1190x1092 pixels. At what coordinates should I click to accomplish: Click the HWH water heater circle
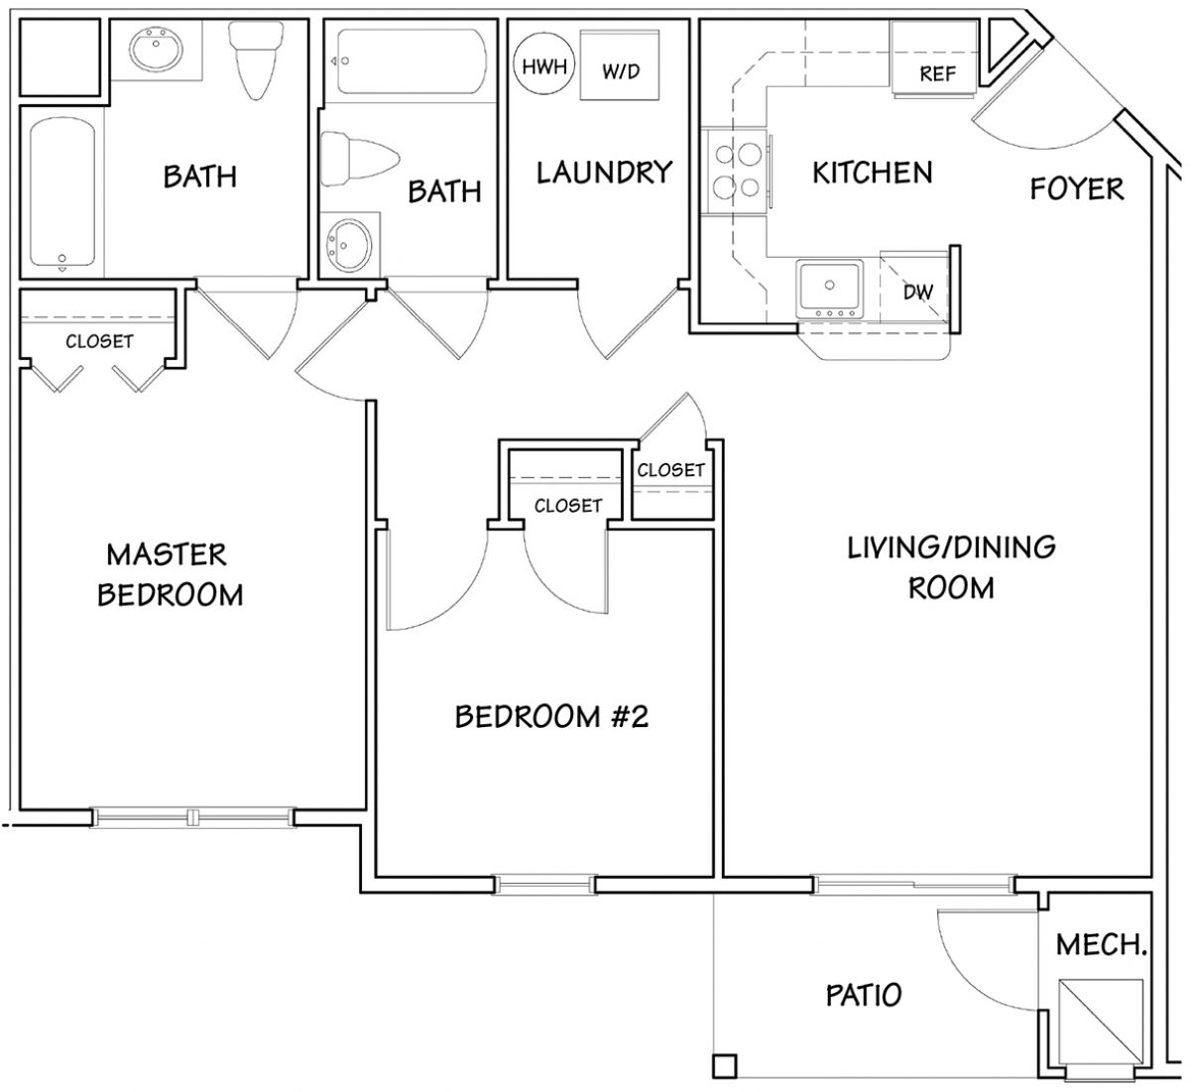pos(544,64)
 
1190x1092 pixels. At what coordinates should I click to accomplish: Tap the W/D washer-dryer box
pos(620,64)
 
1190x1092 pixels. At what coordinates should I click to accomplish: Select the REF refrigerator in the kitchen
pos(935,60)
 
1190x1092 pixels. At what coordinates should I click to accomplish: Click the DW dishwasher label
pos(917,292)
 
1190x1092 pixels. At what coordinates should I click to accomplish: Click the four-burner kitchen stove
pos(738,171)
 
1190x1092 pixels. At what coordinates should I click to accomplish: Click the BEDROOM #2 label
pos(551,716)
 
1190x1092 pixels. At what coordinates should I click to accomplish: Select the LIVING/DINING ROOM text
pos(951,567)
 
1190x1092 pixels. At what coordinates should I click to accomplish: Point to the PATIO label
pos(864,995)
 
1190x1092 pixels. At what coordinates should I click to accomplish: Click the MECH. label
pos(1101,944)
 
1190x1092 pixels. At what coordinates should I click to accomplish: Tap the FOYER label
pos(1077,188)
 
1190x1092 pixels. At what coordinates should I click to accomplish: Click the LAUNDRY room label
pos(605,173)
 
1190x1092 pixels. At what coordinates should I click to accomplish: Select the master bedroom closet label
pos(99,341)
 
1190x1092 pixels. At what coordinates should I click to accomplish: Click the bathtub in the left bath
pos(62,191)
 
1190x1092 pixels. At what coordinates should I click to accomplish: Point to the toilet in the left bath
pos(256,60)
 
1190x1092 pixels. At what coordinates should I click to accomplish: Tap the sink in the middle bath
pos(350,245)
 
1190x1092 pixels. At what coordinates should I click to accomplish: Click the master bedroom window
pos(192,817)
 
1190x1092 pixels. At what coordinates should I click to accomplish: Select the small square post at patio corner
pos(724,1066)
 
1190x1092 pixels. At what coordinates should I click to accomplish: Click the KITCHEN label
pos(872,173)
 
